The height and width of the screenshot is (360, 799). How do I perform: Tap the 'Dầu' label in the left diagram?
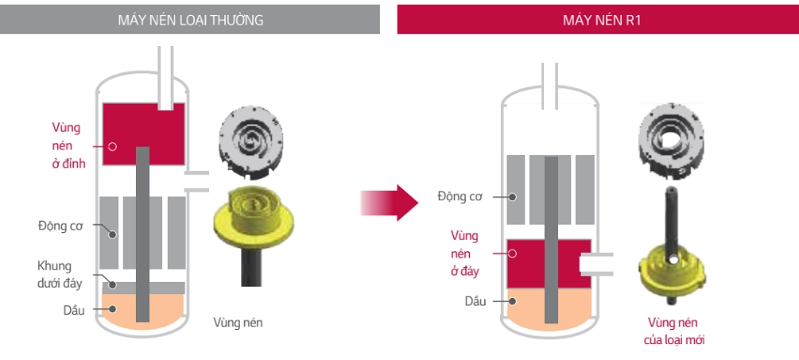73,309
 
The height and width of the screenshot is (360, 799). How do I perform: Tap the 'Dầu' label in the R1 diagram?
475,301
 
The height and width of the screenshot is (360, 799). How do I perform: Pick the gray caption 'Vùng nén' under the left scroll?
238,322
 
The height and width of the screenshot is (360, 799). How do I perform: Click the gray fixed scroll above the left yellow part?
249,142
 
